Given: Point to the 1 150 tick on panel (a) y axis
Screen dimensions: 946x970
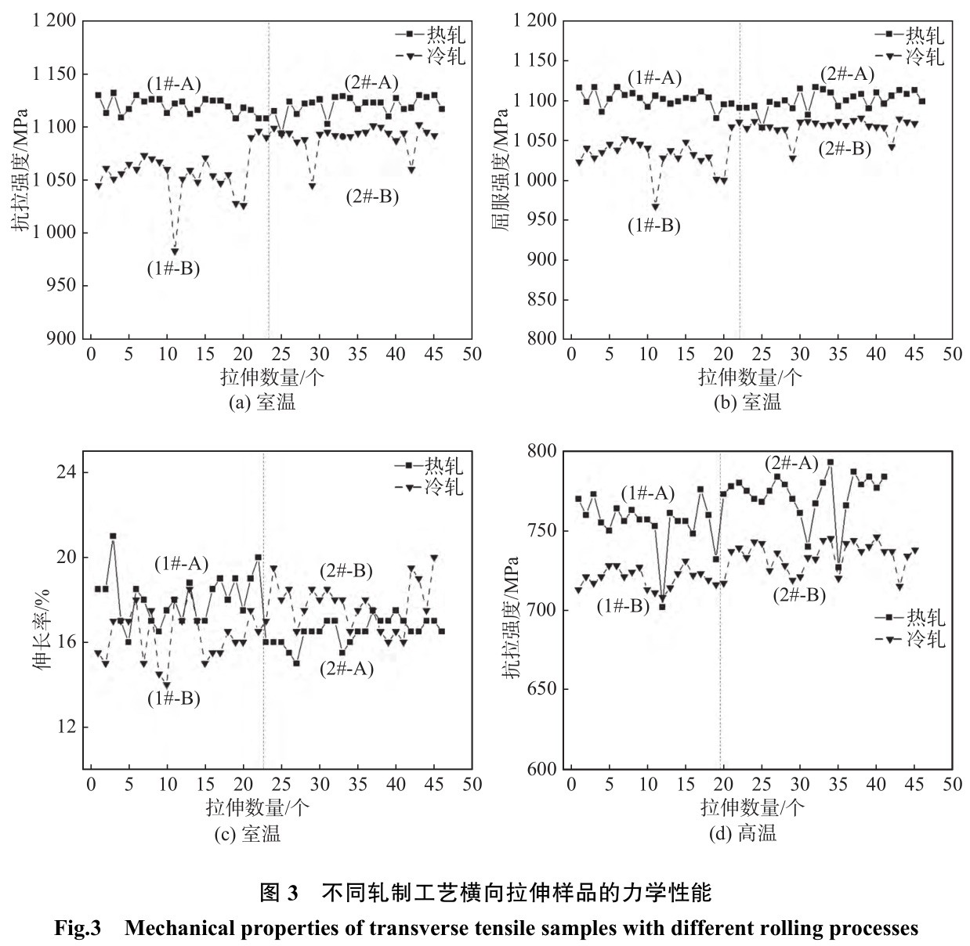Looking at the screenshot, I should pos(54,74).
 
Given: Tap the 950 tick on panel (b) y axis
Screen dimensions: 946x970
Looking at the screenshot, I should pos(543,219).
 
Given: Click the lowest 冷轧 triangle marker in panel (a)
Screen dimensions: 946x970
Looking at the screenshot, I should pos(175,251).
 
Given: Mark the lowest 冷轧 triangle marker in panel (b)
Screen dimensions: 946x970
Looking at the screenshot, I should pos(655,207).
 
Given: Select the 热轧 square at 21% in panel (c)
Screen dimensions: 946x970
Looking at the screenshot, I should pos(113,536).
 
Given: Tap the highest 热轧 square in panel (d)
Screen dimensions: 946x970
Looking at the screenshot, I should pos(831,462).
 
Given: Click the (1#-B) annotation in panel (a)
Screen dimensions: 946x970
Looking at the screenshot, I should pos(173,269).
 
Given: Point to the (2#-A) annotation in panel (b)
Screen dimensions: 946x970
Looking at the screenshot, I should pos(847,74).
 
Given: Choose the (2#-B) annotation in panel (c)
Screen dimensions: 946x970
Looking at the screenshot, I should pos(346,570).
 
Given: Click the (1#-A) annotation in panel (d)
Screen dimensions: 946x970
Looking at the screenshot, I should pos(647,493).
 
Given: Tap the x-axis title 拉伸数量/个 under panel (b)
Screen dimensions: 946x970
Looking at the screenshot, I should pos(751,377).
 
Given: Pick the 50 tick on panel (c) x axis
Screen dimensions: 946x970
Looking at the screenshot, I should pos(472,785).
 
